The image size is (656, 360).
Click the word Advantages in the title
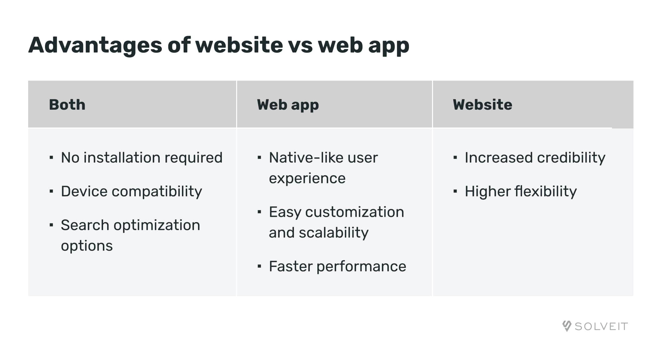tap(95, 46)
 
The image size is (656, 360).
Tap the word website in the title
tap(239, 45)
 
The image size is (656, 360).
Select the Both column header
tap(67, 105)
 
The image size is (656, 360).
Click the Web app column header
tap(288, 105)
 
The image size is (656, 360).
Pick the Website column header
tap(483, 105)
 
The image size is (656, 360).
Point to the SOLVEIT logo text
tap(601, 327)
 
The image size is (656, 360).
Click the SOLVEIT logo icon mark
tap(567, 326)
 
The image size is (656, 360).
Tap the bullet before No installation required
tap(51, 157)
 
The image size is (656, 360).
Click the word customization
tap(355, 212)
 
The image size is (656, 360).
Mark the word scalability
tap(334, 233)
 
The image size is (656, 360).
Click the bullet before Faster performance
tap(259, 266)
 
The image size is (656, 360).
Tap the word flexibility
tap(546, 192)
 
